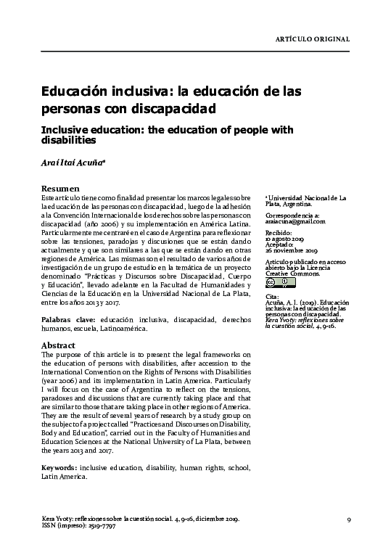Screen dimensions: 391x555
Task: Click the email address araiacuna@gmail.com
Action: (295, 222)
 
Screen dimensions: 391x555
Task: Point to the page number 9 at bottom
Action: (349, 520)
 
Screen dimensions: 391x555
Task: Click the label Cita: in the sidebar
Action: (271, 296)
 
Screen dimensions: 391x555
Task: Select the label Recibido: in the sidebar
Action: (278, 232)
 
